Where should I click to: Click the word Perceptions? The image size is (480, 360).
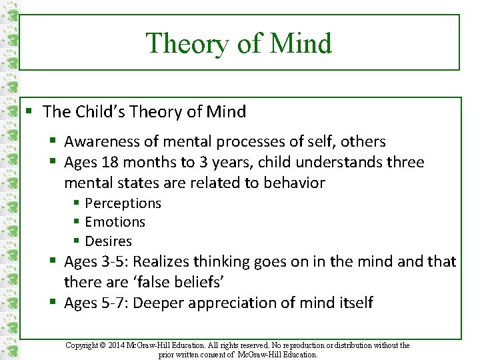pos(123,203)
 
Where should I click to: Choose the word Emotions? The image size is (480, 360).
pos(115,221)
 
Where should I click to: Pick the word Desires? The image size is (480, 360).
pos(109,241)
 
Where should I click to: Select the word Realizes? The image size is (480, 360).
pos(159,262)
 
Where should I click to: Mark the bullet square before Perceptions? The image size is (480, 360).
pos(77,203)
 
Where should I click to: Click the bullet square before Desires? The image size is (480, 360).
pos(77,241)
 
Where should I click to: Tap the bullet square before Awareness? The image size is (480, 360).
pos(55,141)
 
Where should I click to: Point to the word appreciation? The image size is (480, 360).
pos(234,303)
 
